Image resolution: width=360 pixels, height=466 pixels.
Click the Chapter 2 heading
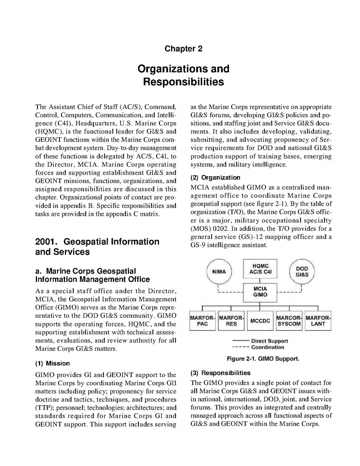[x=183, y=49]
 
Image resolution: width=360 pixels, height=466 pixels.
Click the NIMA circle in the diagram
[x=219, y=272]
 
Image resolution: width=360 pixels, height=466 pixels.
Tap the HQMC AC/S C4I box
[x=260, y=269]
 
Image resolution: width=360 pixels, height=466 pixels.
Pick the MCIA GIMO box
[x=260, y=292]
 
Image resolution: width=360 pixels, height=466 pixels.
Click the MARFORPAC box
[x=203, y=321]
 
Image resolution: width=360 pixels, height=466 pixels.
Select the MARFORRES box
[x=231, y=321]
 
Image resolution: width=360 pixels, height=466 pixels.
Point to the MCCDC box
[x=260, y=321]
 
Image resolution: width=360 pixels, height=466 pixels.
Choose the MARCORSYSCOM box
[x=289, y=321]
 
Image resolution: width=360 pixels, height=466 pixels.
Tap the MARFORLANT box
[x=318, y=321]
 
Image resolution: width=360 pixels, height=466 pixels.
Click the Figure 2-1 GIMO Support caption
[x=263, y=359]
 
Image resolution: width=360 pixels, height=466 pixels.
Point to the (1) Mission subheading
[x=52, y=363]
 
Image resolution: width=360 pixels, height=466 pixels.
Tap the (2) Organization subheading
[x=215, y=178]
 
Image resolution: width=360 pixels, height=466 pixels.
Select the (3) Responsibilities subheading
[x=220, y=373]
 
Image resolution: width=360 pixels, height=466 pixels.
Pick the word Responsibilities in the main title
[x=183, y=82]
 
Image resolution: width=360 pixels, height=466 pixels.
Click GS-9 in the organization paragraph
[x=199, y=245]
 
